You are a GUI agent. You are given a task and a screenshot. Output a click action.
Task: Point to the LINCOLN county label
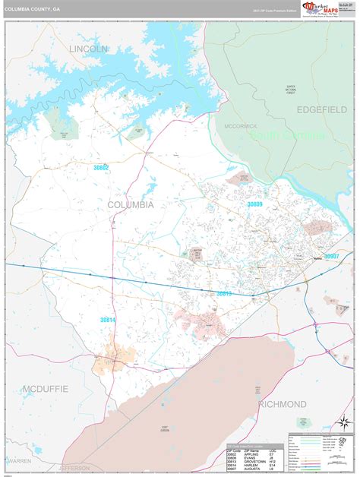[89, 49]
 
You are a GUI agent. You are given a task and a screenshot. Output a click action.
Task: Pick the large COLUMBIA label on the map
[130, 205]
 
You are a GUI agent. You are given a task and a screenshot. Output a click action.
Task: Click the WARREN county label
[20, 460]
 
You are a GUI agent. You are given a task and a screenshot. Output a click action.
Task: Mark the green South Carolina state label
[293, 135]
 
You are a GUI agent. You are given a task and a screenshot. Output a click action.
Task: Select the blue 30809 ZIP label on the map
[254, 205]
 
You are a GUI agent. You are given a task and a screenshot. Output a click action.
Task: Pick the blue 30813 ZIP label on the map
[223, 292]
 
